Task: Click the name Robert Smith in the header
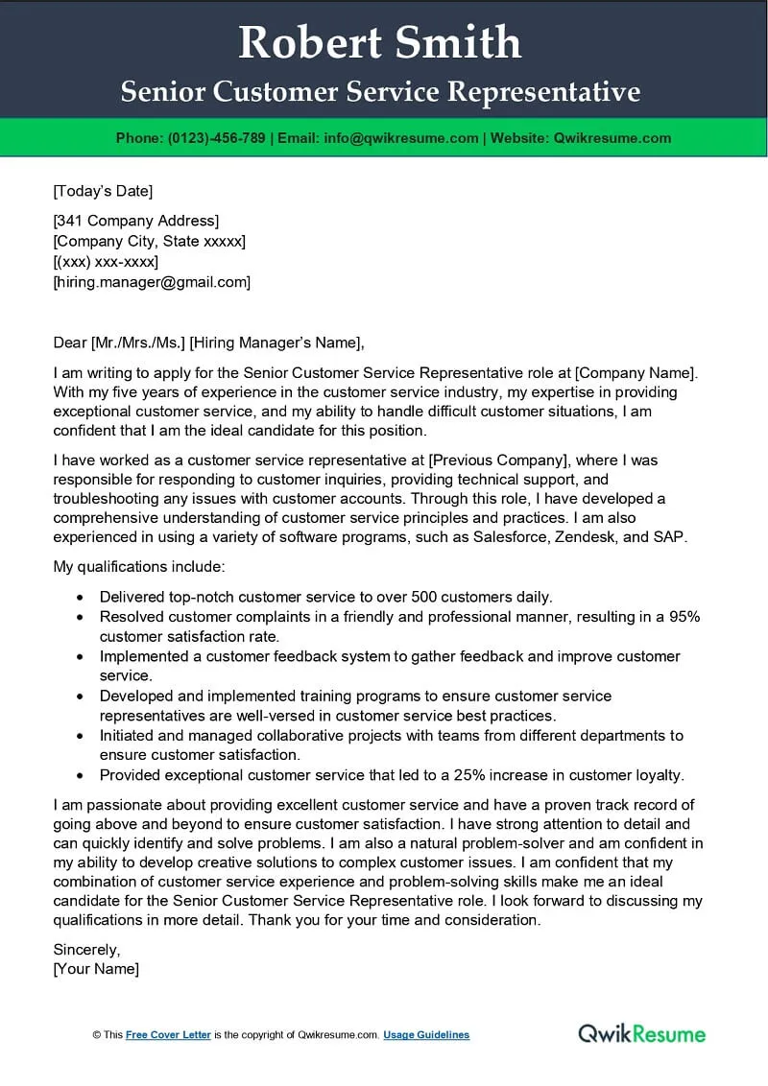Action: point(380,43)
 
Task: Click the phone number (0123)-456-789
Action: point(216,138)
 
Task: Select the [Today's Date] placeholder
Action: point(103,191)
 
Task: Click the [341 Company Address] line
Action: point(135,221)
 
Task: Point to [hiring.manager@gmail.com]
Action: point(152,282)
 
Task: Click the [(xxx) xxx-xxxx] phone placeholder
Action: point(106,262)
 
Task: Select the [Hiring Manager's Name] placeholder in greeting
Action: point(276,343)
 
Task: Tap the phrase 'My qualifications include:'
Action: point(138,567)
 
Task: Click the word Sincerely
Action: point(86,950)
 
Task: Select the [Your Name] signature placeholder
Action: point(96,969)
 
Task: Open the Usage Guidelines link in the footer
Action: point(426,1035)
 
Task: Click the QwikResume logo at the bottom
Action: point(641,1033)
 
